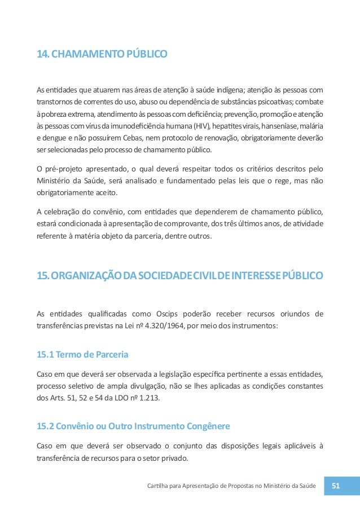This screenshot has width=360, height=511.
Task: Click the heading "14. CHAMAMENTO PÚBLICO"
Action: click(x=102, y=55)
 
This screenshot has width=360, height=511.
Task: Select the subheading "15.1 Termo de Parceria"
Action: click(x=82, y=355)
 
